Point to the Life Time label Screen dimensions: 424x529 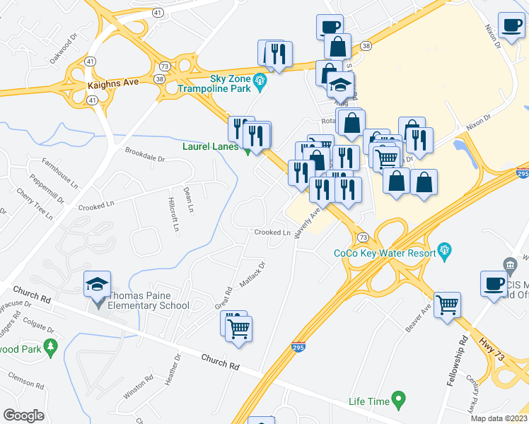[x=369, y=401]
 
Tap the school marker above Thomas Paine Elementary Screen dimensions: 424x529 [x=98, y=284]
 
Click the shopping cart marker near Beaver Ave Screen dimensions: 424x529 [x=448, y=305]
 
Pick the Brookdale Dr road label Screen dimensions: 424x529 [x=144, y=155]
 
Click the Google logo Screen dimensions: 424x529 [x=23, y=416]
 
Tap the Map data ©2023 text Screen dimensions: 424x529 [x=499, y=418]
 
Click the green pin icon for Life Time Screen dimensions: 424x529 [x=398, y=401]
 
